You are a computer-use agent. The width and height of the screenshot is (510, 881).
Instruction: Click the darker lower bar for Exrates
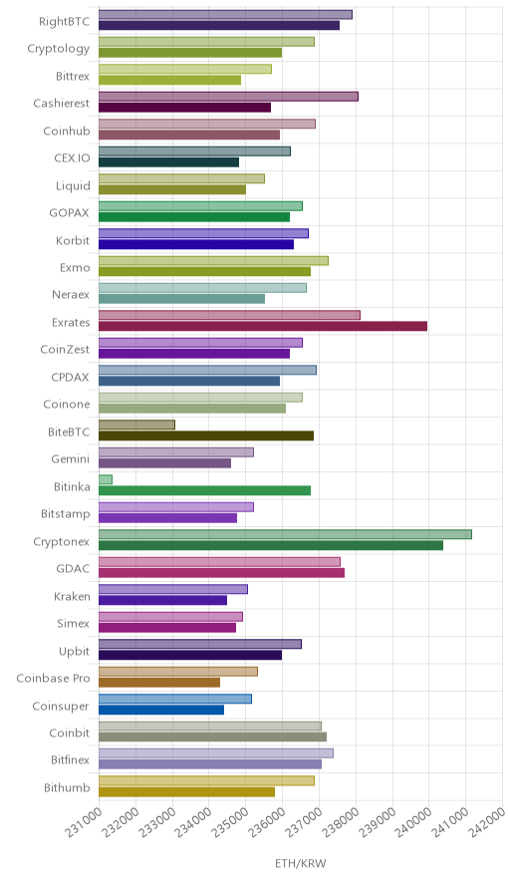pyautogui.click(x=263, y=326)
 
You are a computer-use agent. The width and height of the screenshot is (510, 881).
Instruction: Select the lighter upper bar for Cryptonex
pyautogui.click(x=285, y=534)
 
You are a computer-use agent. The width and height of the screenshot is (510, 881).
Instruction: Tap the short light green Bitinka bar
pyautogui.click(x=106, y=479)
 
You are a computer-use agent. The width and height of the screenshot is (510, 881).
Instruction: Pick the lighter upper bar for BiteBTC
pyautogui.click(x=137, y=425)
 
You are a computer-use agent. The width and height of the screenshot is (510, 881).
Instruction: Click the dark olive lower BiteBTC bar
pyautogui.click(x=206, y=436)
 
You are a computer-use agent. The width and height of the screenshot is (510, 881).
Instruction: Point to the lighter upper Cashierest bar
pyautogui.click(x=228, y=97)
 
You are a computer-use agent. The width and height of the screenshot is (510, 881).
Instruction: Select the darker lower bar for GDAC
pyautogui.click(x=222, y=572)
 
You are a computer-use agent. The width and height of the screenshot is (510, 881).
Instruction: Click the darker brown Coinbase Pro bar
pyautogui.click(x=159, y=682)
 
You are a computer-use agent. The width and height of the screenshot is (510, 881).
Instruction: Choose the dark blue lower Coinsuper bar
pyautogui.click(x=161, y=710)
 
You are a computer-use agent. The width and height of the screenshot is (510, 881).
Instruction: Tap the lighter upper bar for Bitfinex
pyautogui.click(x=216, y=753)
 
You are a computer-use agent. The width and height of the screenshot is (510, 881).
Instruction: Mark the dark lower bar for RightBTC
pyautogui.click(x=219, y=25)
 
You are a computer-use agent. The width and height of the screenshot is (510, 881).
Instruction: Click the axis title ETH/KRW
pyautogui.click(x=301, y=864)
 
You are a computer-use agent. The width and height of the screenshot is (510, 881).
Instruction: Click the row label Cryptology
pyautogui.click(x=59, y=49)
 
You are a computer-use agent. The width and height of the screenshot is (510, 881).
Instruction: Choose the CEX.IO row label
pyautogui.click(x=72, y=157)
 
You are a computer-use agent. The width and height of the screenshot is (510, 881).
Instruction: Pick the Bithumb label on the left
pyautogui.click(x=67, y=787)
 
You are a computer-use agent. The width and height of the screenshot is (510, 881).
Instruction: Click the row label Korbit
pyautogui.click(x=73, y=240)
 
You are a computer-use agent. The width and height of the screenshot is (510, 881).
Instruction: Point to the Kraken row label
pyautogui.click(x=72, y=596)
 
